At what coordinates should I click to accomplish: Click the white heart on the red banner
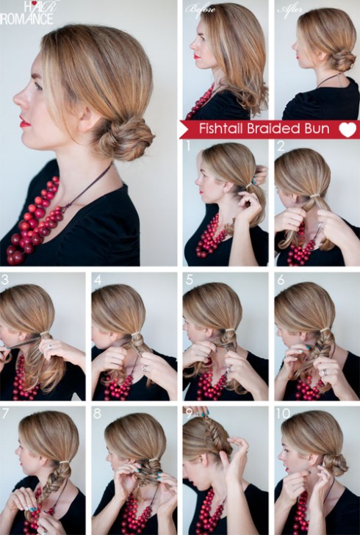[348, 129]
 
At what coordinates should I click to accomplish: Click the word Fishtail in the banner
[221, 129]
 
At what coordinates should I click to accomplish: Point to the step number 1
[187, 146]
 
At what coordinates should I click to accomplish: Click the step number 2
[281, 146]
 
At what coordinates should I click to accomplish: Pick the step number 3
[5, 279]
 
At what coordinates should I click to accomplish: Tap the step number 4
[98, 280]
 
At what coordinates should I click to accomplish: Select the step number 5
[190, 280]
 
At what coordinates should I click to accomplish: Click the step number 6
[281, 280]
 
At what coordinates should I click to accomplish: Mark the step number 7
[5, 414]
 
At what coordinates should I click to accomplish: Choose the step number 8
[98, 414]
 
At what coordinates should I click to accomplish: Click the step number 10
[283, 414]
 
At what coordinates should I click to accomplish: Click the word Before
[201, 10]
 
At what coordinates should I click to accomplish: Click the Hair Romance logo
[27, 13]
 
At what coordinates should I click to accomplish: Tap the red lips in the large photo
[24, 122]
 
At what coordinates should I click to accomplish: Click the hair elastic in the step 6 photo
[325, 329]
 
